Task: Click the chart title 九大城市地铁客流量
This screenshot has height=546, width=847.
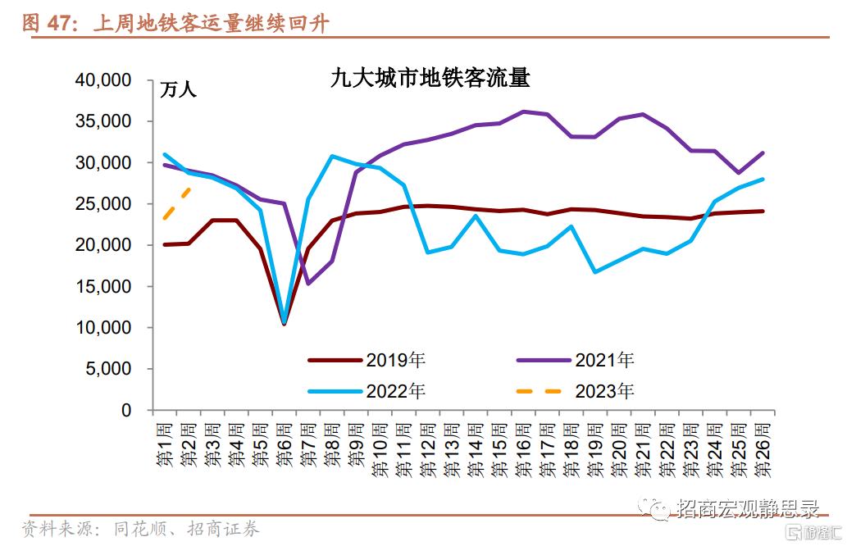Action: click(x=430, y=79)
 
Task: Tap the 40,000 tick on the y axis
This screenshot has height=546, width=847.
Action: click(x=102, y=80)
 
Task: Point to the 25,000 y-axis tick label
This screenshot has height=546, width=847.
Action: click(x=102, y=204)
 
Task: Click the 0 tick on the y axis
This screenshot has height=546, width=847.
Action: click(x=126, y=410)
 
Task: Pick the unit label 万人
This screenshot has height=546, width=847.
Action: click(x=178, y=89)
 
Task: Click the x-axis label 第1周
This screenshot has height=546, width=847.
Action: click(x=165, y=446)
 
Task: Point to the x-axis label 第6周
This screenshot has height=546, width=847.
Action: click(x=285, y=446)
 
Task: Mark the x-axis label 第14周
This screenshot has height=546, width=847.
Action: click(x=476, y=450)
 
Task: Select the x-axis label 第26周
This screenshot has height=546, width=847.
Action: click(x=763, y=450)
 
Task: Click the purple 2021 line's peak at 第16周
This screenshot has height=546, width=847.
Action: click(x=523, y=111)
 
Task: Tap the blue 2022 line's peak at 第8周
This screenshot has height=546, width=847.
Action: click(x=332, y=156)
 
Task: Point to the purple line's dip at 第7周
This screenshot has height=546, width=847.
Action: click(x=308, y=283)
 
